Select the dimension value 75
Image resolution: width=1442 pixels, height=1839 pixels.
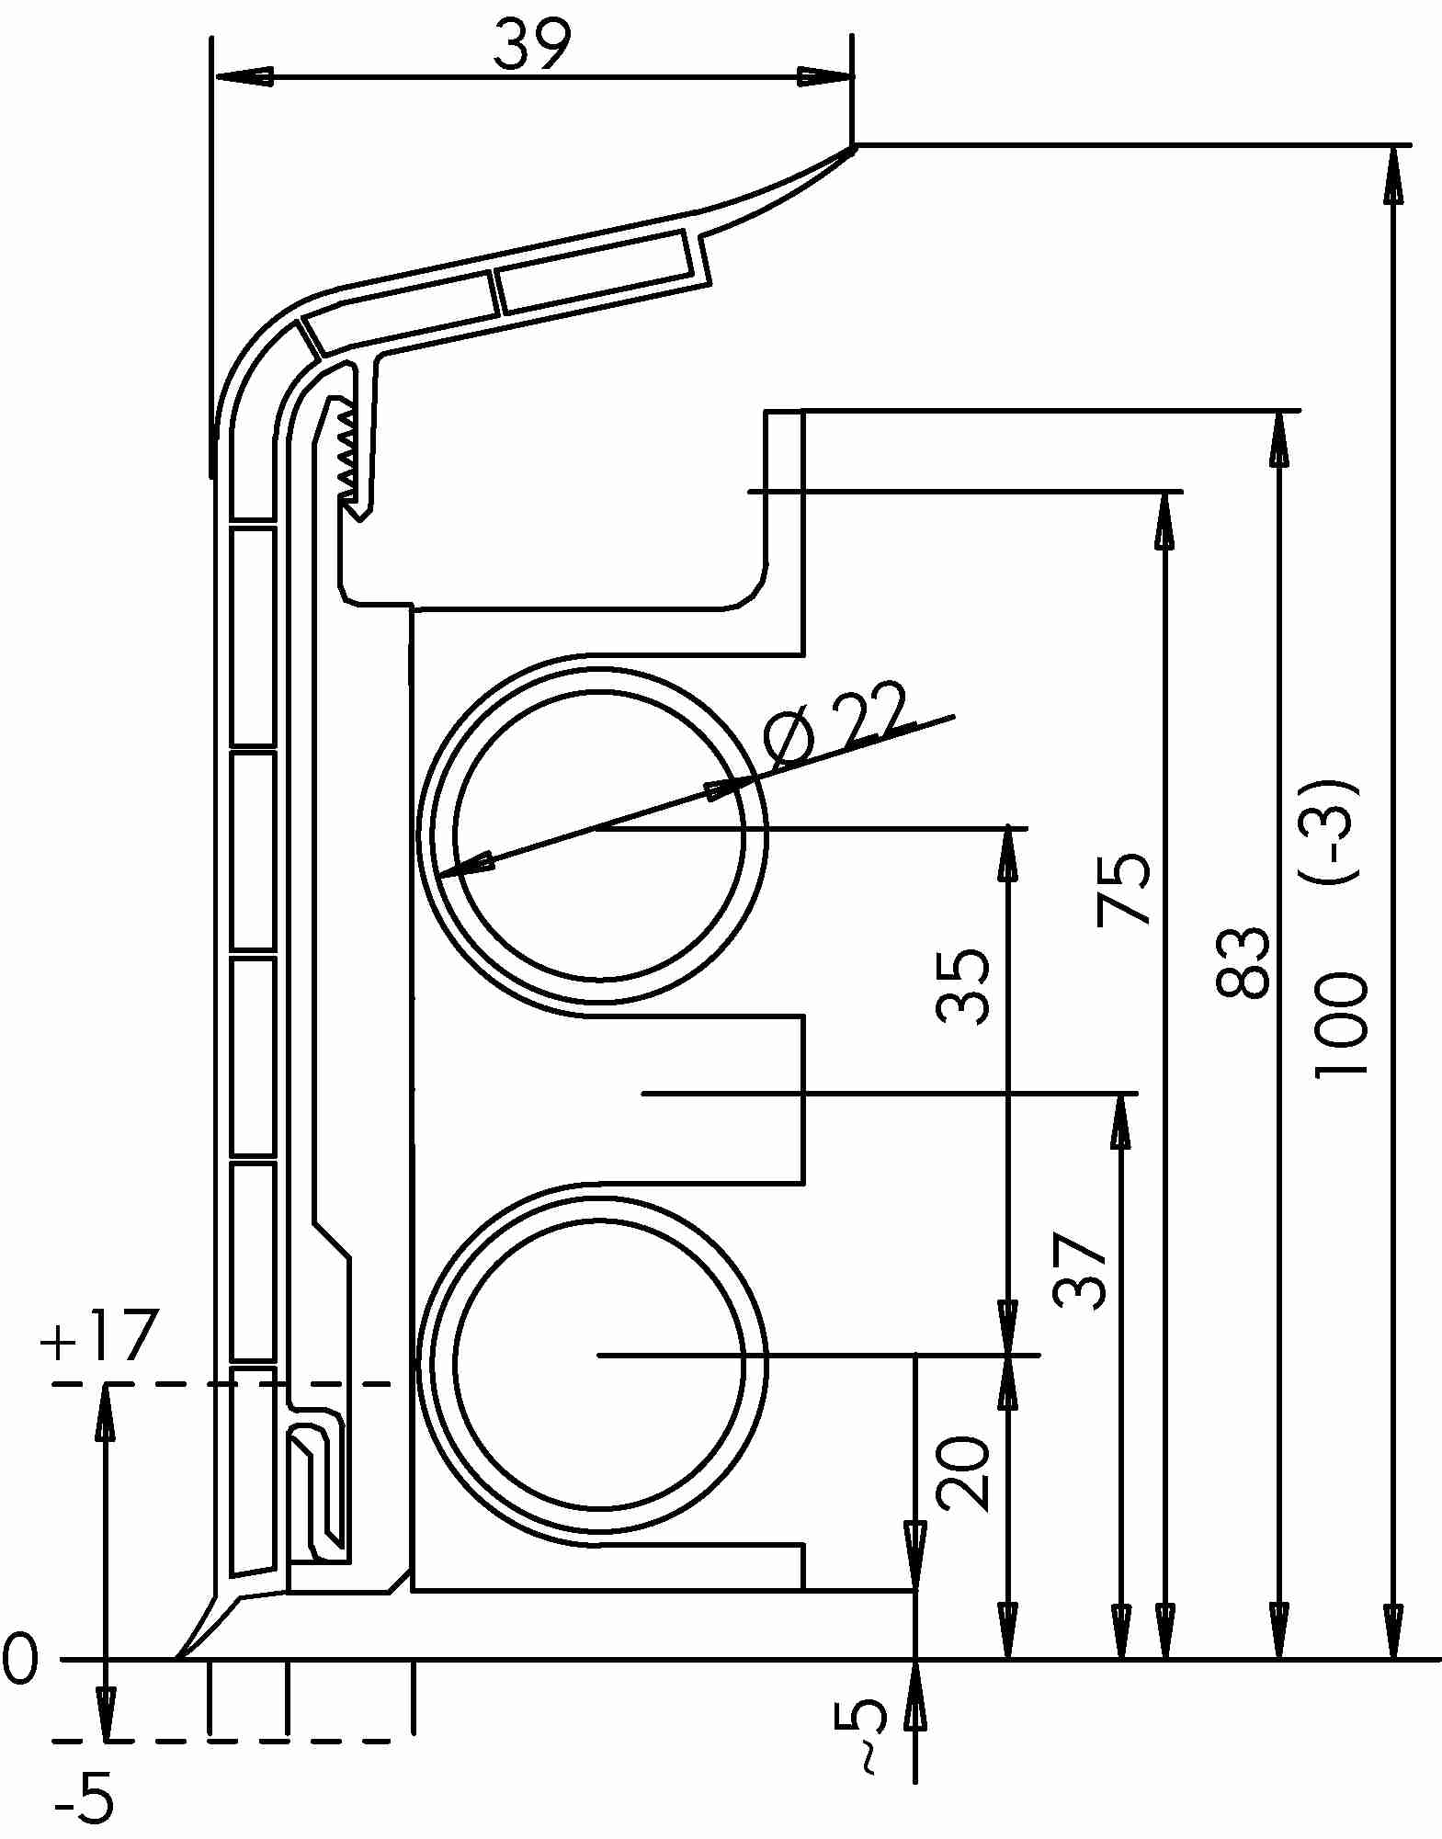(x=1124, y=890)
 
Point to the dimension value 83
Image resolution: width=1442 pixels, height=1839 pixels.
(x=1242, y=962)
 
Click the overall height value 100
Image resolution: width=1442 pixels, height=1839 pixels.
(x=1341, y=1024)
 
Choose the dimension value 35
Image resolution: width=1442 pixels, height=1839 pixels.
(x=962, y=986)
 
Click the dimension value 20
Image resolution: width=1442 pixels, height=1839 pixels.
(x=962, y=1472)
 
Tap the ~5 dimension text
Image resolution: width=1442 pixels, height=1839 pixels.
(x=869, y=1732)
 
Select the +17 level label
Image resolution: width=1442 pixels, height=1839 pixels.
(x=97, y=1335)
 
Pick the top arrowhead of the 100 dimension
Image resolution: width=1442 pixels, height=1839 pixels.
(x=1393, y=175)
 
